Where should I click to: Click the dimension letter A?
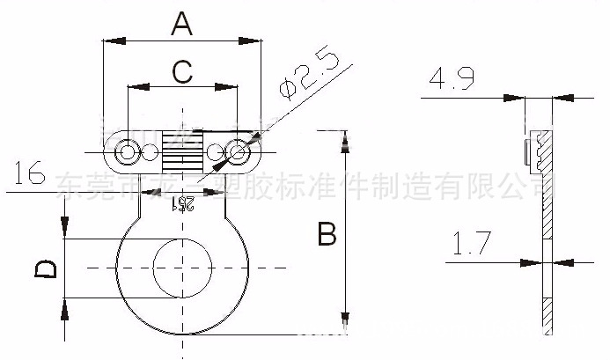pos(180,24)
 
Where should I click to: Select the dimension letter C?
pos(181,71)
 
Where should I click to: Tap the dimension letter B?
pos(327,235)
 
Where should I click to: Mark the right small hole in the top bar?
pos(236,153)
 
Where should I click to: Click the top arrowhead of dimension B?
pos(345,137)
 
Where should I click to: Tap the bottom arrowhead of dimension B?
pos(345,327)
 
